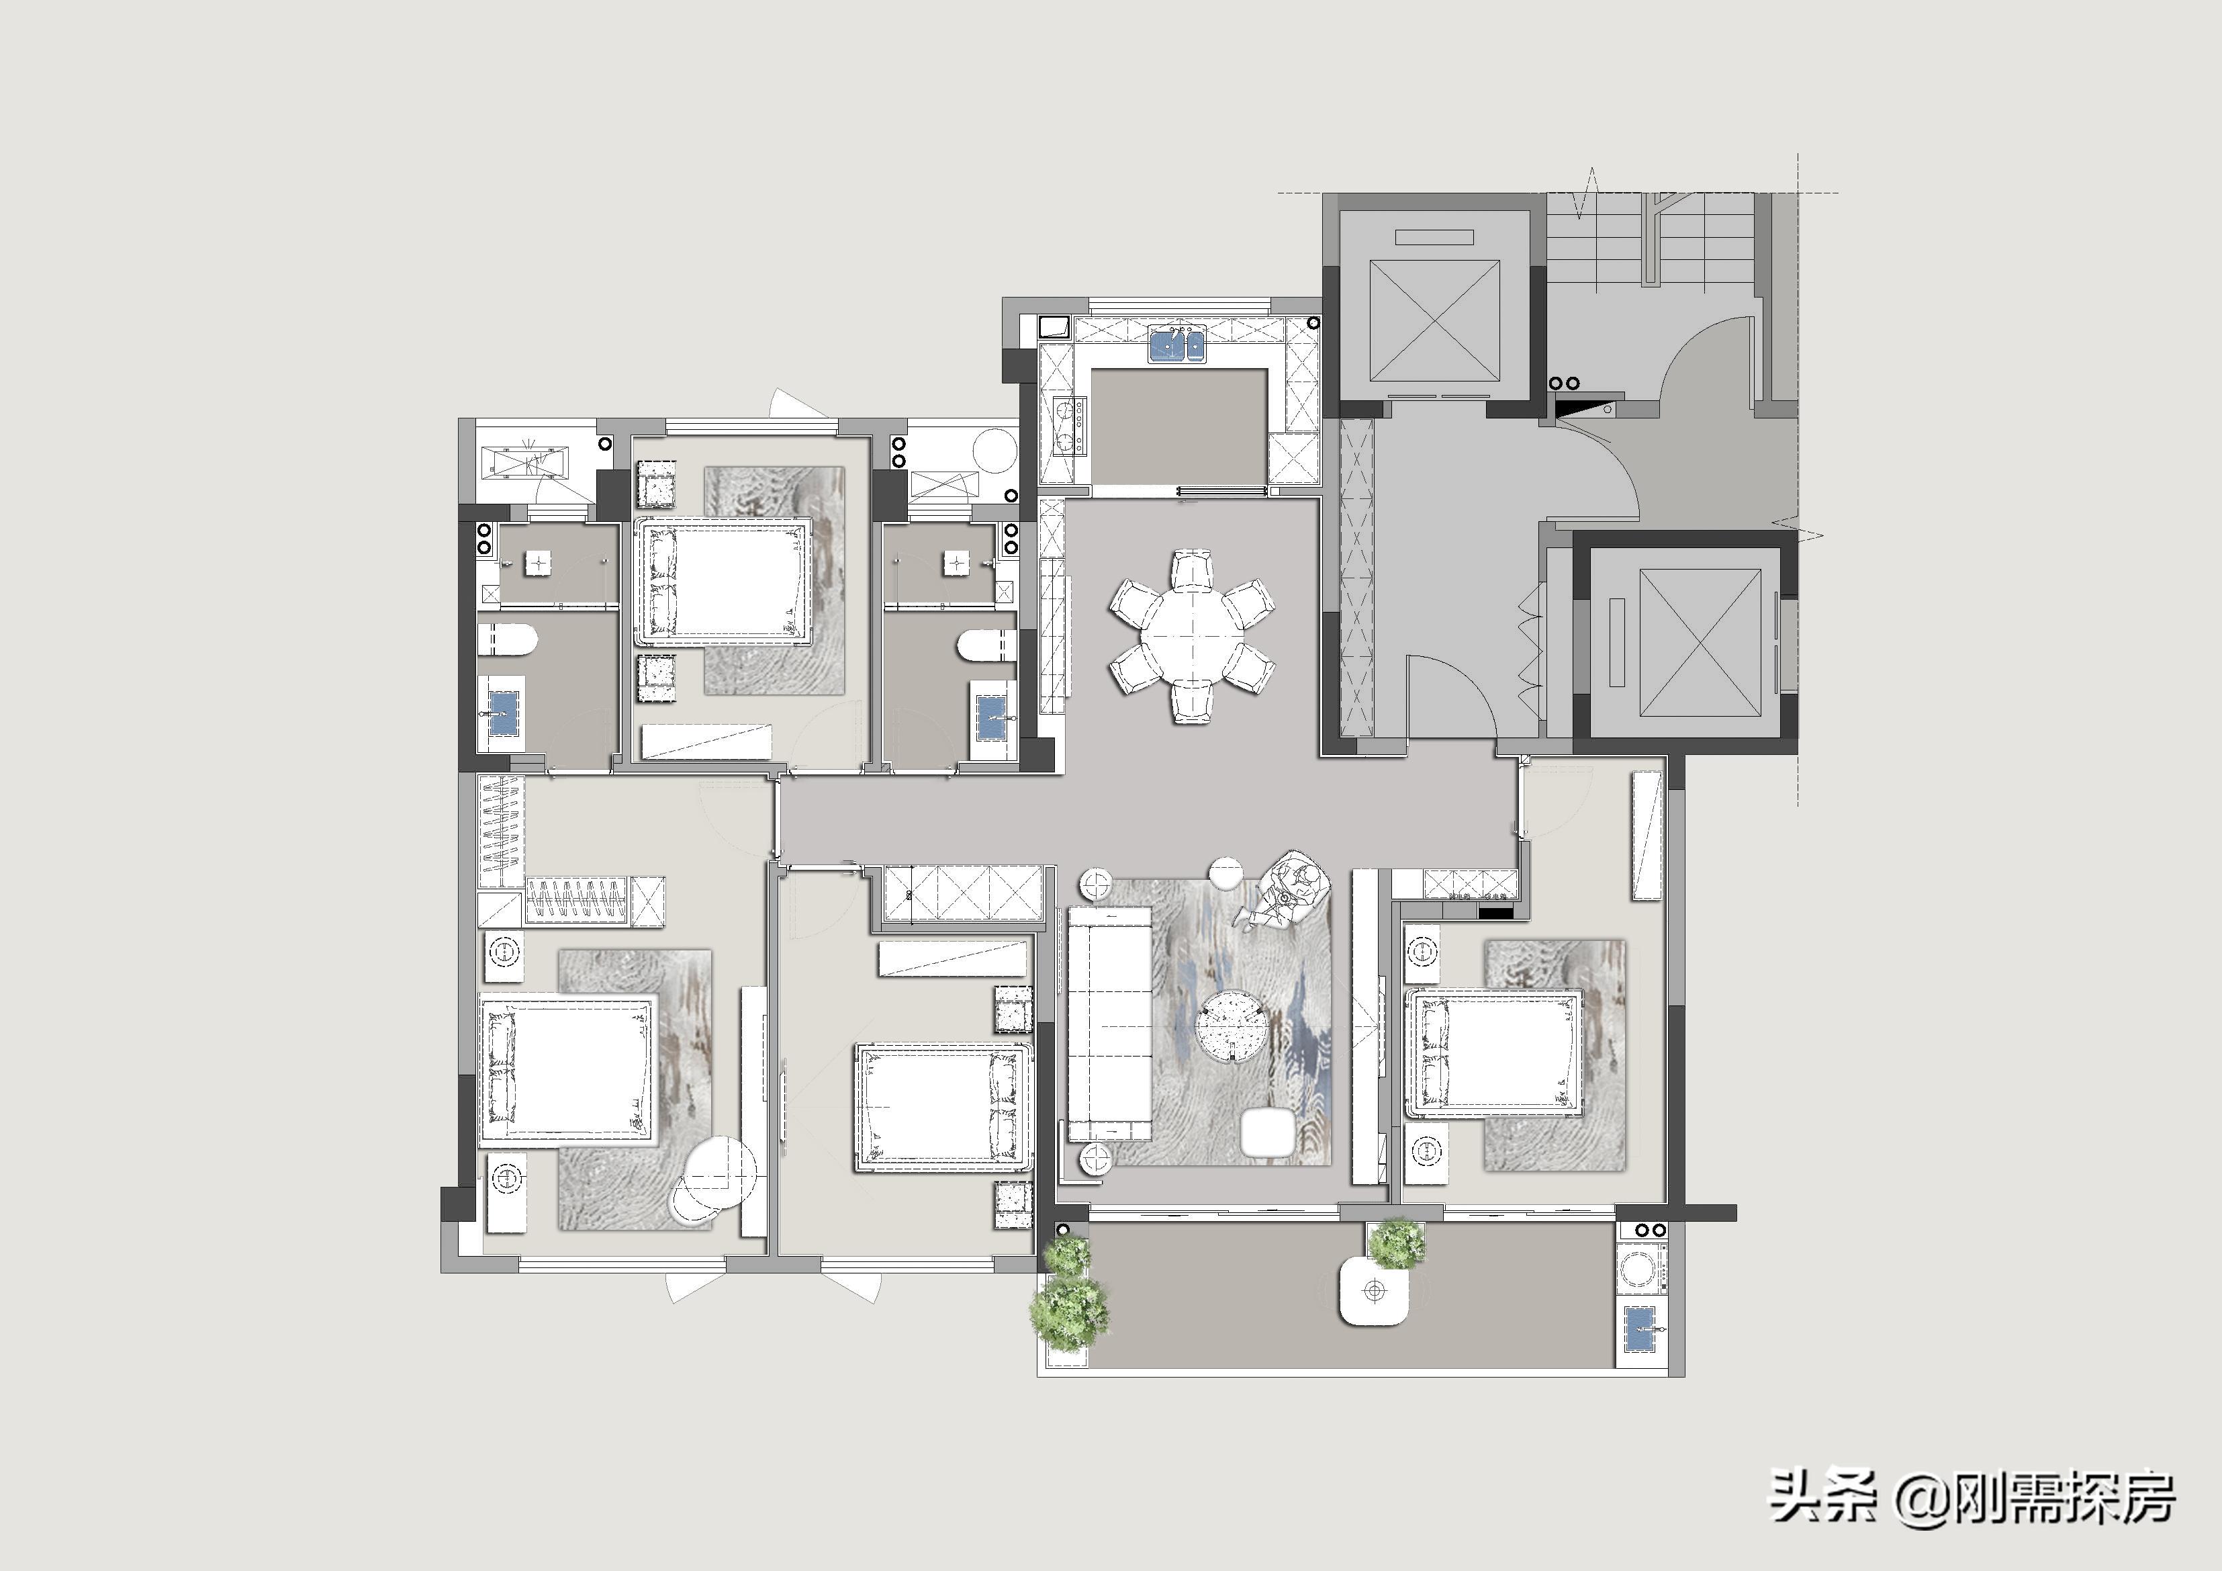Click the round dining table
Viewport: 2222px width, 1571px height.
coord(1191,635)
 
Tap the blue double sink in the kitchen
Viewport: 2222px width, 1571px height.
coord(1177,345)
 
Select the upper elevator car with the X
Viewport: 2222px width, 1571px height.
coord(1434,320)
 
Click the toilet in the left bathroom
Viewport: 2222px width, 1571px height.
coord(507,640)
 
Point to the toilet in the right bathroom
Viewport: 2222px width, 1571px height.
coord(988,645)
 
